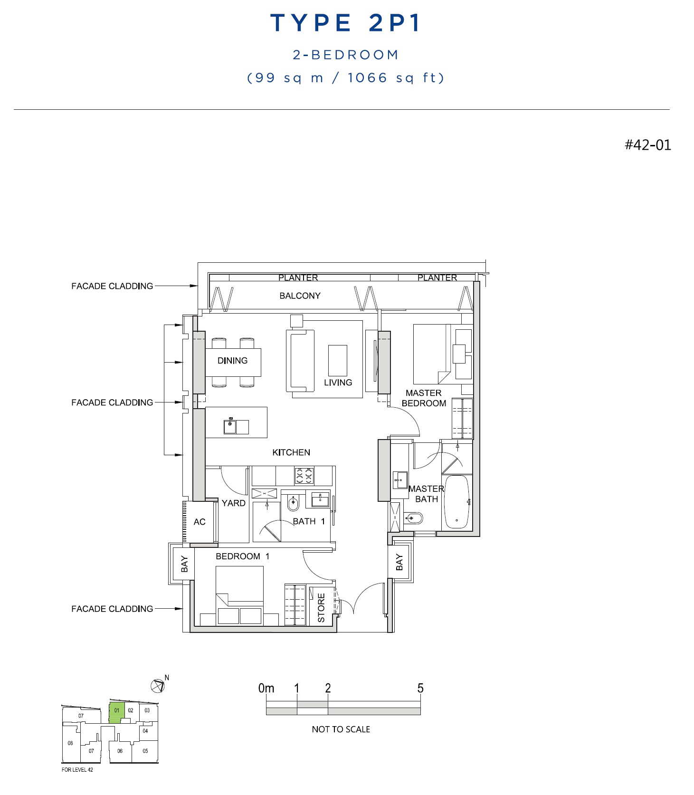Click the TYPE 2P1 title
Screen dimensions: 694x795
coord(345,23)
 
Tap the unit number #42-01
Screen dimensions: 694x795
coord(647,145)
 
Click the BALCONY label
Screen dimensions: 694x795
coord(300,296)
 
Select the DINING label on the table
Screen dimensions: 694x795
coord(232,361)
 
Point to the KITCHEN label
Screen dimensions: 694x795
coord(291,452)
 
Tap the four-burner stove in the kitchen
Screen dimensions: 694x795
coord(304,475)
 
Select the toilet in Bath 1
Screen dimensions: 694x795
coord(294,502)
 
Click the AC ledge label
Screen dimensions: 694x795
coord(200,522)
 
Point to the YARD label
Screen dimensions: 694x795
coord(233,503)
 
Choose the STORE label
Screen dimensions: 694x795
coord(321,608)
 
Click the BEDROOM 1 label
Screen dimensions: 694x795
coord(242,556)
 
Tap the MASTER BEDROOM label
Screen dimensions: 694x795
coord(424,398)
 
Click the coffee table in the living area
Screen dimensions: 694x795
coord(337,361)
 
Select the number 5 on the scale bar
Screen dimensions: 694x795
coord(420,688)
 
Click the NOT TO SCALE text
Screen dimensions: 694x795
coord(341,729)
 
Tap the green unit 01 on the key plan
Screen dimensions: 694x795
coord(117,712)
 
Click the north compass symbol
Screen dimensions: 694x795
coord(158,686)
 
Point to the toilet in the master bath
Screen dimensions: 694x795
coord(413,517)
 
